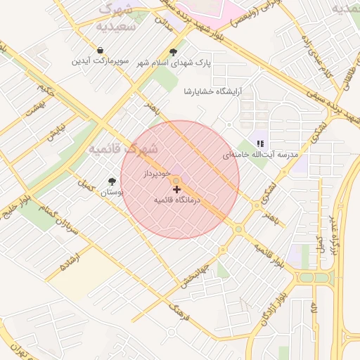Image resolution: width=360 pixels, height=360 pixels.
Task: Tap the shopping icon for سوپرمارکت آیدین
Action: coord(101,51)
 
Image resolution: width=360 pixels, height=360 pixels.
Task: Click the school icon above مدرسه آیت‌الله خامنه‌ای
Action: coord(260,143)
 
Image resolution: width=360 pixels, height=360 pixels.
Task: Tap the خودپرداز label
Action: coord(157,172)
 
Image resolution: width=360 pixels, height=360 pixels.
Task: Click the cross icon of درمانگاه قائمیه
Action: coord(176,189)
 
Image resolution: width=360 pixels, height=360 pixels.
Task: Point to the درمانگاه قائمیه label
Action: coord(178,200)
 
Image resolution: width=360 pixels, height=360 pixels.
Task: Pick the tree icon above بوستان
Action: coord(112,181)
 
